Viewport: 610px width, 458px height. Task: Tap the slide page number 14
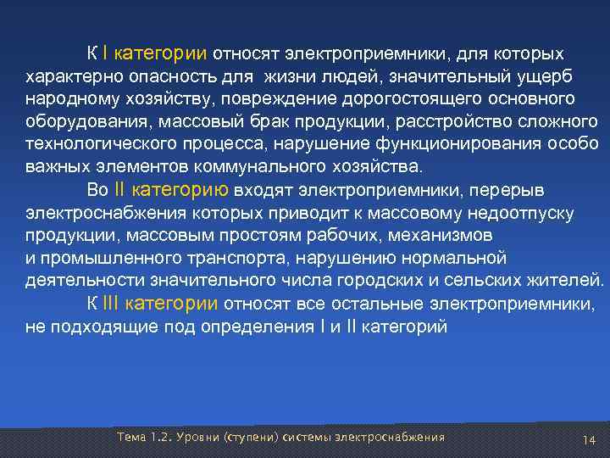590,438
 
